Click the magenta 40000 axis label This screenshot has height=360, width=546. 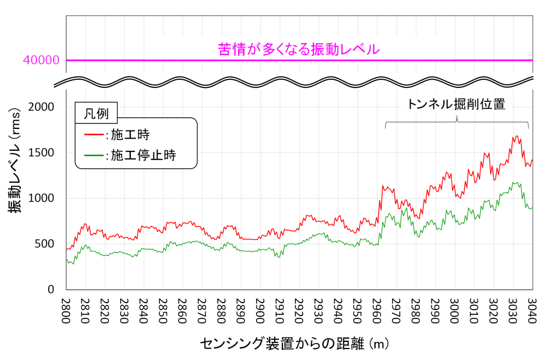pos(41,60)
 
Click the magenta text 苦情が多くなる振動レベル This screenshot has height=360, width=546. pos(298,49)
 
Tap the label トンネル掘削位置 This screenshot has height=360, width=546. pos(456,104)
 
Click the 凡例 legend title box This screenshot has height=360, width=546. pos(96,114)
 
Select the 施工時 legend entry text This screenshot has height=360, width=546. pos(130,134)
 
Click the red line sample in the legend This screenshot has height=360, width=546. pos(93,134)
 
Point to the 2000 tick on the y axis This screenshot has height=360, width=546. pos(41,107)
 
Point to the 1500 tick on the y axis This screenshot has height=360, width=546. pos(41,152)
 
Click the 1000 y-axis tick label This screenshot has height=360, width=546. pos(41,198)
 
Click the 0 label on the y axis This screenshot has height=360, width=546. pos(51,290)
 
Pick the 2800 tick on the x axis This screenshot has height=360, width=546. pos(66,311)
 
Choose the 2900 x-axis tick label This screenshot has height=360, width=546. pos(260,311)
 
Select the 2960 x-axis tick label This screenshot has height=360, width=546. pos(377,311)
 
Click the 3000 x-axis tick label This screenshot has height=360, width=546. pos(455,311)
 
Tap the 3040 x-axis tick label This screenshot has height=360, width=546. pos(533,311)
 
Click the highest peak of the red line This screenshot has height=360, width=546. pos(515,137)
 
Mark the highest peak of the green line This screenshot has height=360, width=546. pos(515,182)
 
